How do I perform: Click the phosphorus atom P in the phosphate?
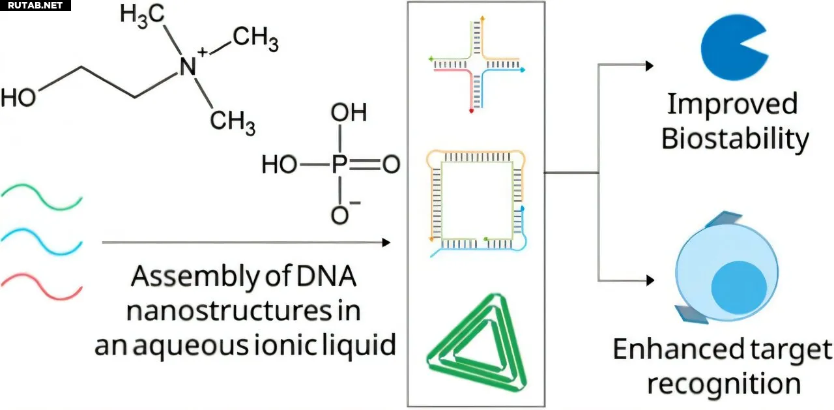coord(339,166)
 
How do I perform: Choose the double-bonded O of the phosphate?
coord(391,166)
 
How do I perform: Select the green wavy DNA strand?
coord(42,196)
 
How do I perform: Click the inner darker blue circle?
coord(738,287)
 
